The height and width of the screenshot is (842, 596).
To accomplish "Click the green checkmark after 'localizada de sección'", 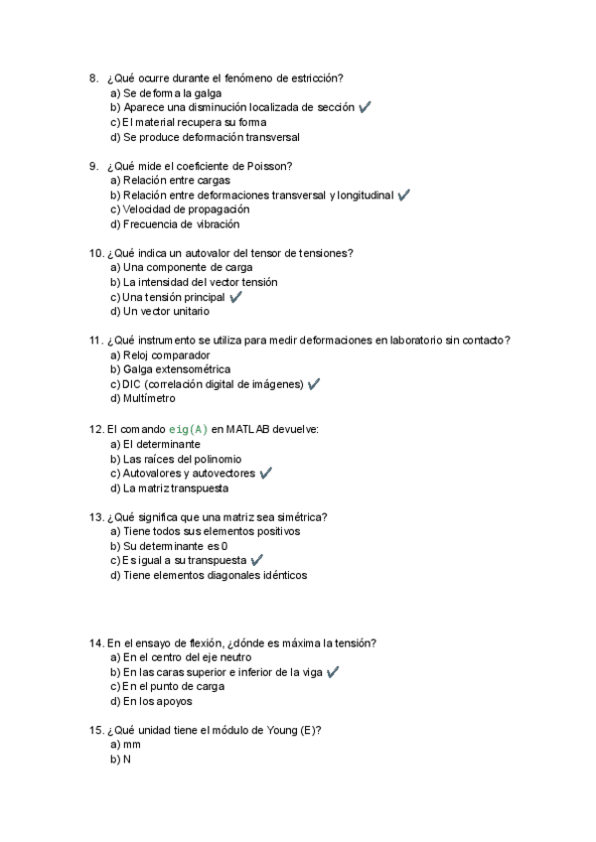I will click(x=365, y=107).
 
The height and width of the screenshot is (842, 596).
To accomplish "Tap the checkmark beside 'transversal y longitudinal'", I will click(x=403, y=196).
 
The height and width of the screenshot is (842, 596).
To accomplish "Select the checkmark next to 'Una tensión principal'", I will click(x=235, y=297).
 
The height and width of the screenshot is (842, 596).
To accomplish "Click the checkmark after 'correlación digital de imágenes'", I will click(x=314, y=384).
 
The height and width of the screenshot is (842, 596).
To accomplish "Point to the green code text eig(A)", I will click(x=188, y=429).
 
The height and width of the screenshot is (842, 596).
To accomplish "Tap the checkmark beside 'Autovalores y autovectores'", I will click(x=265, y=474).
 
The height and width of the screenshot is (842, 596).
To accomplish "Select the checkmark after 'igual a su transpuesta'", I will click(x=257, y=561).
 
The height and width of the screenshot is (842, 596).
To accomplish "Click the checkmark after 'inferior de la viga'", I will click(x=333, y=672).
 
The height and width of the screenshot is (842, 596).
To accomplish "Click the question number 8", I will click(x=92, y=77).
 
